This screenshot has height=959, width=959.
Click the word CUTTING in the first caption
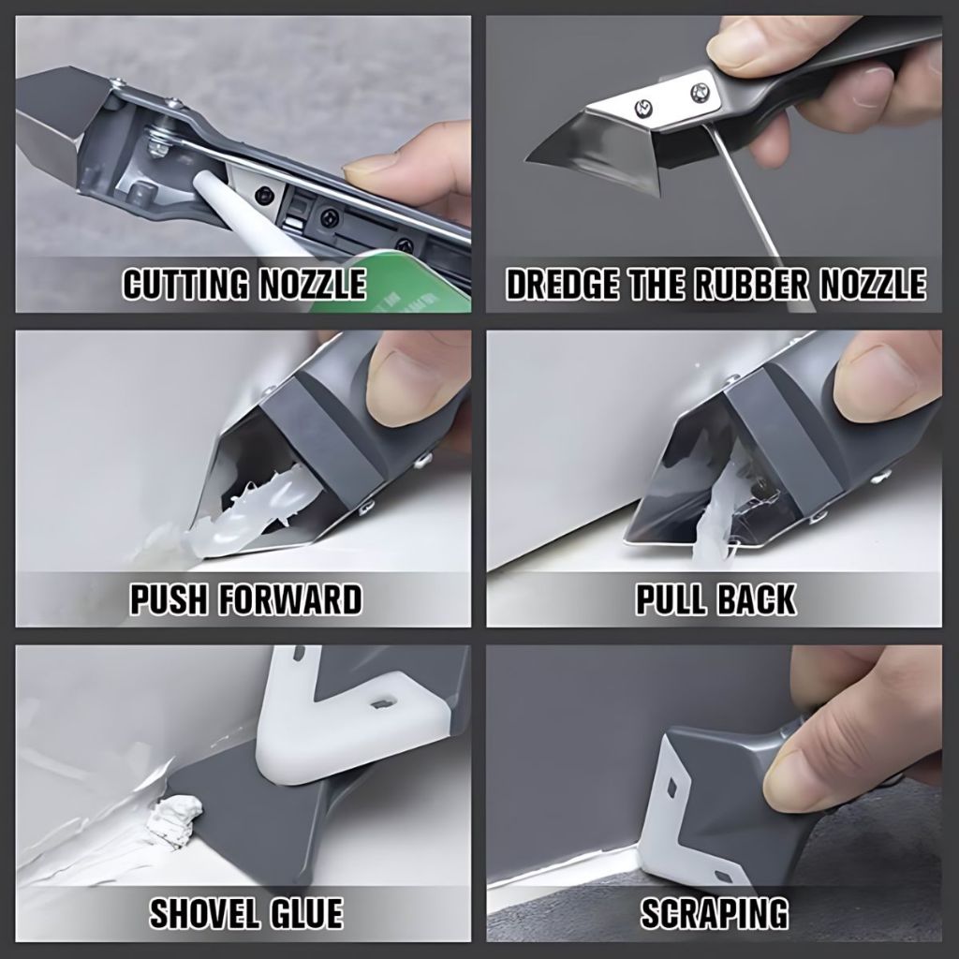coord(184,284)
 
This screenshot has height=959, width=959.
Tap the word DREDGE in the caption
coord(561,284)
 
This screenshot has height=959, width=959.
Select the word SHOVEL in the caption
coord(205,914)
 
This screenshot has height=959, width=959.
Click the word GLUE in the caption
coord(306,914)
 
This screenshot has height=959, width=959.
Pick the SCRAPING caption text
coord(715,914)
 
